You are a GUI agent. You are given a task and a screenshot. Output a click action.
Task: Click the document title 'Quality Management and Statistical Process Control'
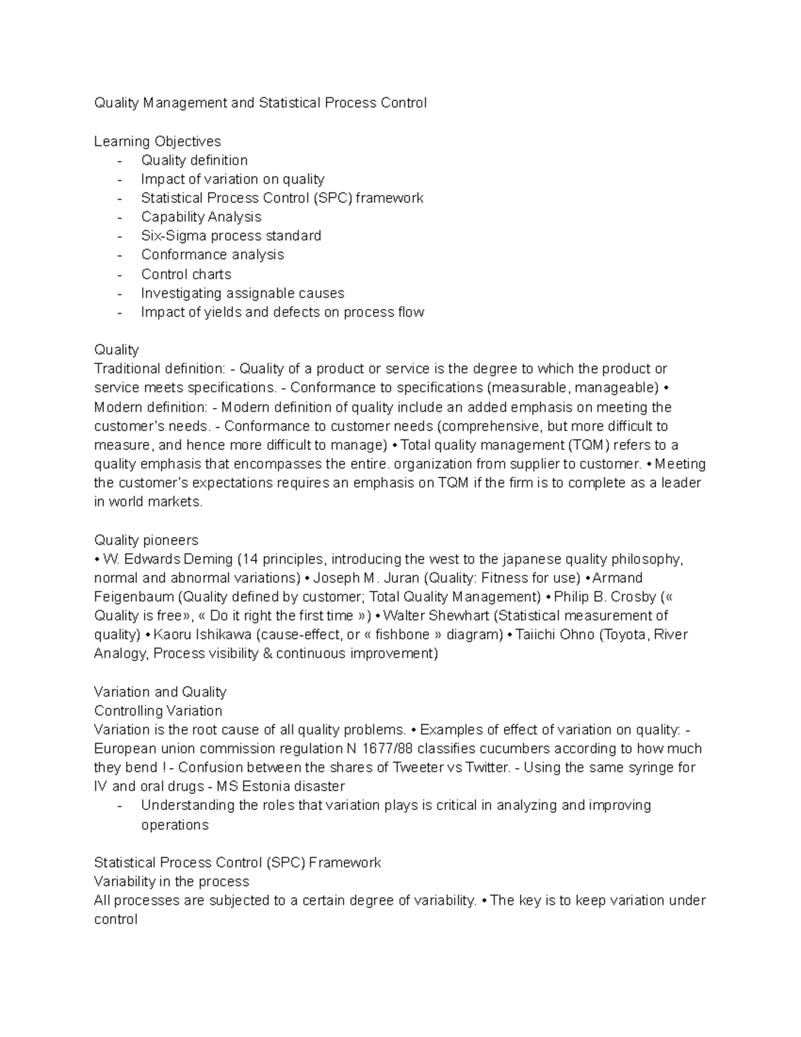point(260,103)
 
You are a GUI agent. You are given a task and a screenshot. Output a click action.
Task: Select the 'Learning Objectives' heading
point(158,141)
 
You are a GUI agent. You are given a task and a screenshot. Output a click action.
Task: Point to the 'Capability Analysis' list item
point(201,217)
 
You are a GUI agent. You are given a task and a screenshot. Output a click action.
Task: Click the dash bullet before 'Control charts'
point(119,274)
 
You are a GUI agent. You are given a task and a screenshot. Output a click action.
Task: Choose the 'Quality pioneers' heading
point(146,540)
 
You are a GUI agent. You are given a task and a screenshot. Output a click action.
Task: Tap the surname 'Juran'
point(401,578)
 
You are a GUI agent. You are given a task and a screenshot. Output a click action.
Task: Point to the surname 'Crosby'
point(630,597)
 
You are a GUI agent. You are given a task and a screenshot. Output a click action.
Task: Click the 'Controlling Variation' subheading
point(158,710)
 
